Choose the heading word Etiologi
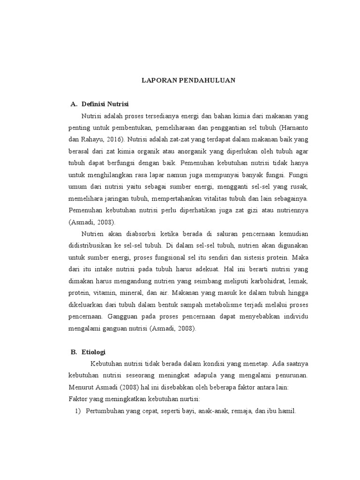tap(96, 352)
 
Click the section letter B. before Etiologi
tap(74, 352)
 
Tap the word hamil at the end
tap(287, 411)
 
